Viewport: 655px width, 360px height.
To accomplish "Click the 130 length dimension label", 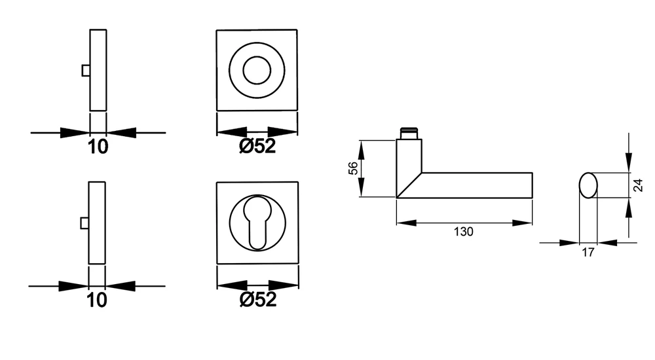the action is (464, 231).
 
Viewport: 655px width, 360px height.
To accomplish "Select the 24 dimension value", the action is (638, 185).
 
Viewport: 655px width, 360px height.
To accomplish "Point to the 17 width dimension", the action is (588, 253).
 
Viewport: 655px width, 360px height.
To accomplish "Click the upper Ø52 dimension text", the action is (257, 146).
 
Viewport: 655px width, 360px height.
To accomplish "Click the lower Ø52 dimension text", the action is (258, 299).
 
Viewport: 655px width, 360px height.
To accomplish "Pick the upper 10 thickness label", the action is (98, 147).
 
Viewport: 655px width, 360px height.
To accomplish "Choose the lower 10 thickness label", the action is (97, 300).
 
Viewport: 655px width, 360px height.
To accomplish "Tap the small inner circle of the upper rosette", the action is (257, 70).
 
